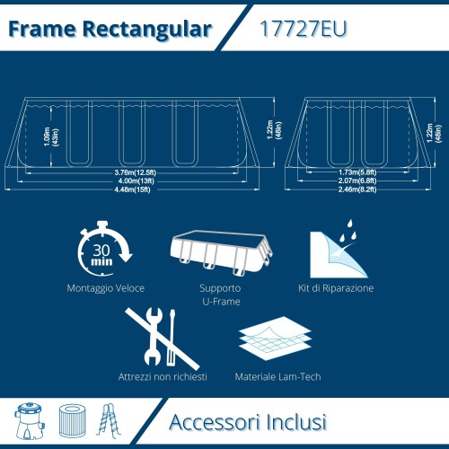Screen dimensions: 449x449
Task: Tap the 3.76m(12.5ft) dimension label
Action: click(x=132, y=172)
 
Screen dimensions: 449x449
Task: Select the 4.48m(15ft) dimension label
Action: click(x=132, y=189)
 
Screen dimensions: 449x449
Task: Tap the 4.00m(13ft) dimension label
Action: click(x=132, y=180)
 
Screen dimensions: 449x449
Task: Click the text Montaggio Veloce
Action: click(x=105, y=289)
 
